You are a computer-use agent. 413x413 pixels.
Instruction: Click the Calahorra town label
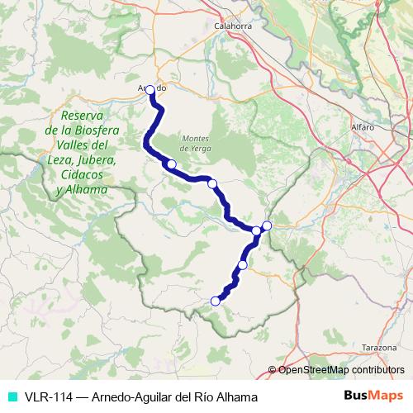click(232, 26)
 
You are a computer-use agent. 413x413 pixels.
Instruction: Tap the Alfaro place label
click(362, 128)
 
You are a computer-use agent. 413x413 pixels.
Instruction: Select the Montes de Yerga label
click(197, 143)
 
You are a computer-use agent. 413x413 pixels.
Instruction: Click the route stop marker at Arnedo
click(151, 93)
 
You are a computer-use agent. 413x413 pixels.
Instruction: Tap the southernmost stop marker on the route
click(216, 301)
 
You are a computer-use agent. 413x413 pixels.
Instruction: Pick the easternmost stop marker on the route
click(267, 225)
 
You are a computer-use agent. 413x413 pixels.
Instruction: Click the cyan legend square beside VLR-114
click(12, 397)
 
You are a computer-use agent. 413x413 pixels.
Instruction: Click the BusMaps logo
click(374, 396)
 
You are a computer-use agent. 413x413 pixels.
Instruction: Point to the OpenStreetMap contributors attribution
click(341, 371)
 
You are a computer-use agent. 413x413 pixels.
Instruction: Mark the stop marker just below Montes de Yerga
click(172, 164)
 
